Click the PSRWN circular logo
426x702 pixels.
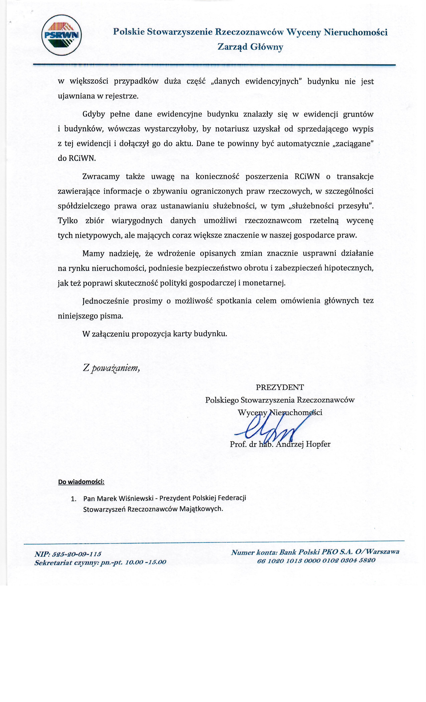pyautogui.click(x=61, y=35)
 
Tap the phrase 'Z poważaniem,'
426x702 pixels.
pyautogui.click(x=111, y=368)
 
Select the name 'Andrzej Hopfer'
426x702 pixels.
pyautogui.click(x=303, y=444)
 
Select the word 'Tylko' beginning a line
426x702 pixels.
pyautogui.click(x=68, y=220)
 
